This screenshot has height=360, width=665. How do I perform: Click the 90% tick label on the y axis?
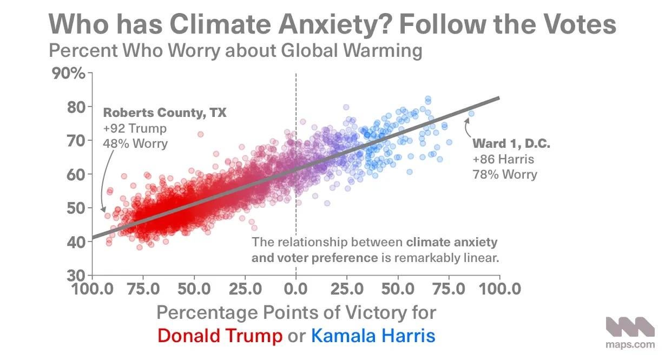coord(68,73)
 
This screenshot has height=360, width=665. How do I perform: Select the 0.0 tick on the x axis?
coord(295,288)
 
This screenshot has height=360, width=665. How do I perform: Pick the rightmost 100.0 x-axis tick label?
coord(499,288)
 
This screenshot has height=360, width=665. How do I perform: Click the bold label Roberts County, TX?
coord(164,113)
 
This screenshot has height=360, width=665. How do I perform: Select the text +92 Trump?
coord(135,129)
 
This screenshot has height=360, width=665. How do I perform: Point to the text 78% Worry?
coord(504,174)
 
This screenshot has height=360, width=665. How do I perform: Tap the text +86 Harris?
coord(503,159)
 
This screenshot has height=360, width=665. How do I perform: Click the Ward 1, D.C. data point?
coord(471,114)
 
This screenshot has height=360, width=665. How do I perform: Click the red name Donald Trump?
coord(220,336)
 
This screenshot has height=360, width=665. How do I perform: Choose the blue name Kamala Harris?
coord(373,336)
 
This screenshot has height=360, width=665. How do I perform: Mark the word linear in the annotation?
coord(478,258)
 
